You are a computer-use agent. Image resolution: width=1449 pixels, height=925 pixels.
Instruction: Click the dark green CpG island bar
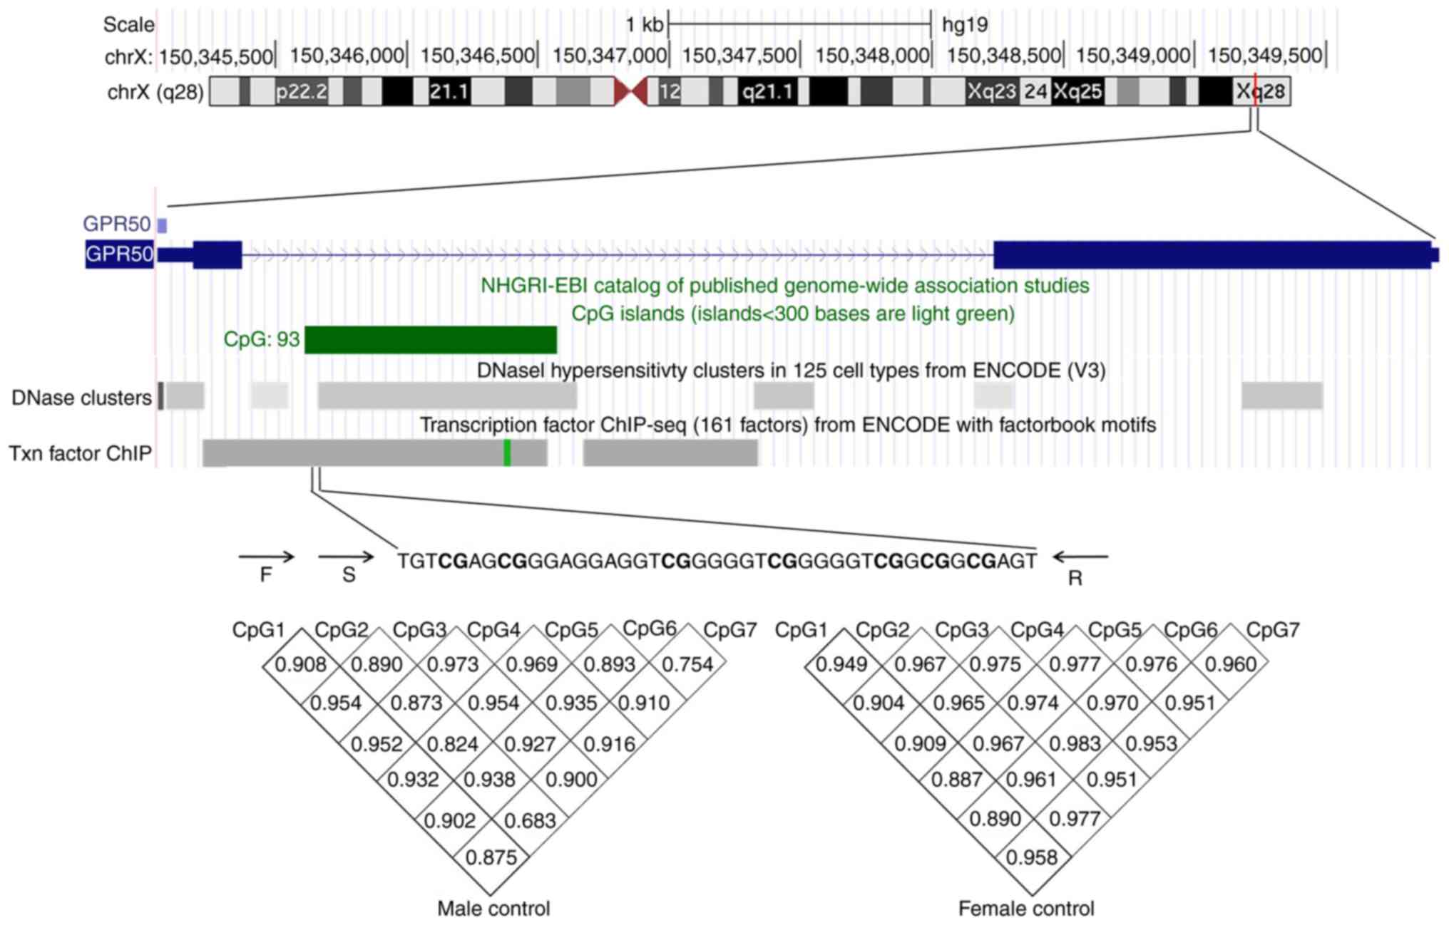click(x=430, y=340)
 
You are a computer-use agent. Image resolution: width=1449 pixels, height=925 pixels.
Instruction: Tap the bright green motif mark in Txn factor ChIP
click(x=507, y=453)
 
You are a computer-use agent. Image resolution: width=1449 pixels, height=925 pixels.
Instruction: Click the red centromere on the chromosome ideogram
click(x=630, y=92)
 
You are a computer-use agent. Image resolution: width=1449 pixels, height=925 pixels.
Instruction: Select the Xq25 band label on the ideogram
click(x=1077, y=92)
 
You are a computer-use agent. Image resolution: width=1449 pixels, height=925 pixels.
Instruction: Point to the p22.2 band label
click(x=301, y=92)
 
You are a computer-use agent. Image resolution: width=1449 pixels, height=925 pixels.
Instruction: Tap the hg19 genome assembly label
click(x=964, y=25)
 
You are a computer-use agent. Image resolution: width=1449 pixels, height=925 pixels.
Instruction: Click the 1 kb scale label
click(x=644, y=25)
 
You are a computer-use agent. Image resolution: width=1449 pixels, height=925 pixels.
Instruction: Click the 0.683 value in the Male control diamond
click(x=529, y=821)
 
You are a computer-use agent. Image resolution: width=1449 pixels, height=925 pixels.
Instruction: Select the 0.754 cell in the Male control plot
click(x=687, y=664)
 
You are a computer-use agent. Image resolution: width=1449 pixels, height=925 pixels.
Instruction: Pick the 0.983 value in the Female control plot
click(x=1074, y=744)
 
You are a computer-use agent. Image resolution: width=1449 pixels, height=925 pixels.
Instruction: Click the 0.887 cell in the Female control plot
click(x=957, y=780)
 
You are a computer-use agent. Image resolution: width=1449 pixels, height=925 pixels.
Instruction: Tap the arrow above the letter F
click(x=266, y=557)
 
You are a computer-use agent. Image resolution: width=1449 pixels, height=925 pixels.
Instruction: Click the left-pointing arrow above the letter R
click(x=1080, y=557)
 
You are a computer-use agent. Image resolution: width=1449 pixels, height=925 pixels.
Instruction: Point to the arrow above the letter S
click(x=346, y=557)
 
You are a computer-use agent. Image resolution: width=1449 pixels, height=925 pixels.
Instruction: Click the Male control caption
click(x=493, y=909)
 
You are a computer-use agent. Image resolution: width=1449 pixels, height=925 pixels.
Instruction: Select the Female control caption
click(x=1026, y=909)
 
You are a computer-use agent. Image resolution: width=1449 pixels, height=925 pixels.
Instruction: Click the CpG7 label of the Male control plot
click(x=729, y=630)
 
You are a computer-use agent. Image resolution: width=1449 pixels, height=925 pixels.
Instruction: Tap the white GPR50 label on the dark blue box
click(x=119, y=254)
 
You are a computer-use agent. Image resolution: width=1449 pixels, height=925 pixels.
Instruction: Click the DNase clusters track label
click(x=81, y=398)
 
